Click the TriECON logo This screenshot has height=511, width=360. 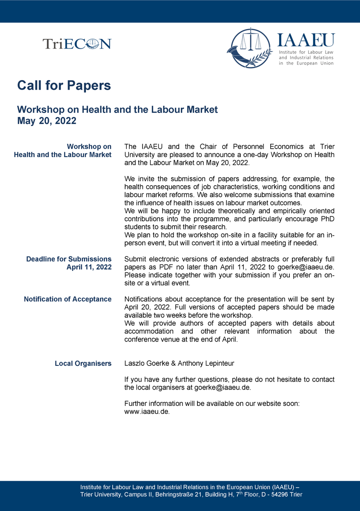[x=77, y=43]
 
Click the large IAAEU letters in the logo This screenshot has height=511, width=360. [x=306, y=40]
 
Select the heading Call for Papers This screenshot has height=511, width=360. [x=64, y=85]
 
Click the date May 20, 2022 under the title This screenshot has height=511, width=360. [x=47, y=121]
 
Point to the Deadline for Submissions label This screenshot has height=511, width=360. [x=69, y=259]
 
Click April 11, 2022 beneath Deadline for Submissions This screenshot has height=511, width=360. [x=89, y=267]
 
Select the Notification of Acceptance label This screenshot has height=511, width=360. [x=68, y=299]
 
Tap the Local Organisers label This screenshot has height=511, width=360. [x=83, y=364]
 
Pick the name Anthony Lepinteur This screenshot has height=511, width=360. [x=206, y=364]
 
